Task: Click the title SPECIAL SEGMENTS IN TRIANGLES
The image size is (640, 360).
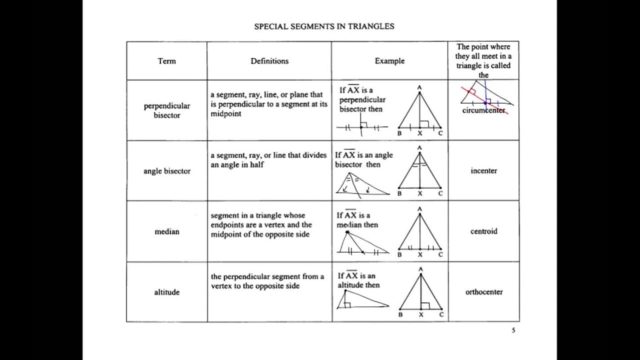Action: coord(324,26)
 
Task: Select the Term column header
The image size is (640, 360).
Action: coord(166,61)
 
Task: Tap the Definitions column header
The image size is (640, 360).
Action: coord(269,61)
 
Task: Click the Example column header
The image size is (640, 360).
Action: coord(389,61)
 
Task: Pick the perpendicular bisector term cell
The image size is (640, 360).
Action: coord(167,110)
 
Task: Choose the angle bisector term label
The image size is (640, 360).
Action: coord(167,171)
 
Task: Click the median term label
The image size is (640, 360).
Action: coord(167,231)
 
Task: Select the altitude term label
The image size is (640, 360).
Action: coord(167,292)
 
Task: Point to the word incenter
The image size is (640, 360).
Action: coord(483,170)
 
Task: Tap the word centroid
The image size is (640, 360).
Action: coord(483,231)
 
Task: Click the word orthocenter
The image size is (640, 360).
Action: coord(483,292)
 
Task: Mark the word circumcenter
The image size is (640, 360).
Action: coord(483,110)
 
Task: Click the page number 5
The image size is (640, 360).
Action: coord(513,330)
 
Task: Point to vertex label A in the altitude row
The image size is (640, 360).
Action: coord(420,269)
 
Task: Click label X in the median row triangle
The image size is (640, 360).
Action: coord(420,254)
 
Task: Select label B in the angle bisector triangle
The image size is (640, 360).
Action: coord(399,193)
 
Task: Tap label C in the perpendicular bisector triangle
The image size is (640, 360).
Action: coord(440,133)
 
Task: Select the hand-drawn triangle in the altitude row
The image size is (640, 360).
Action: coord(360,300)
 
